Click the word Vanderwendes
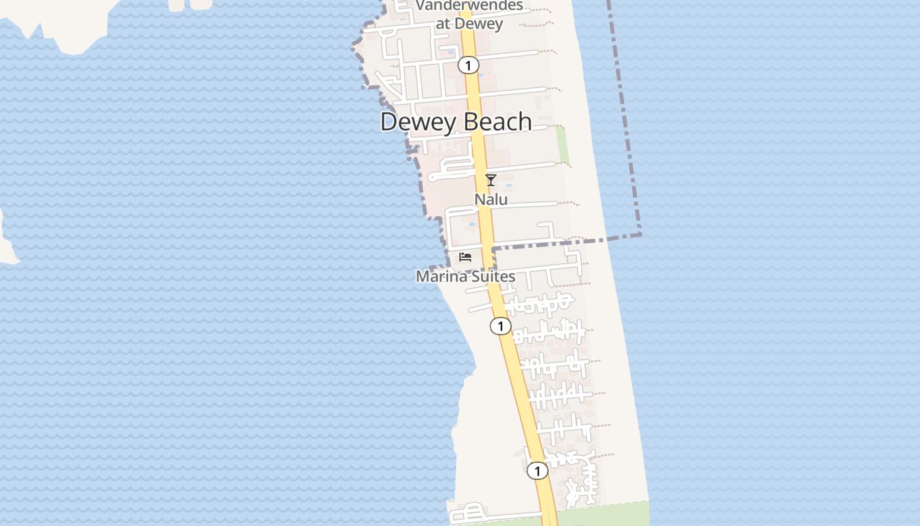point(469,6)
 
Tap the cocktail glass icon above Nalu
point(490,179)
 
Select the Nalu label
point(492,199)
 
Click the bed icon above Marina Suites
point(465,256)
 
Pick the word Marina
point(440,276)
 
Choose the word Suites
point(492,276)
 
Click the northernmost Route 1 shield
point(468,65)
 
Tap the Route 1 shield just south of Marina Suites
point(501,326)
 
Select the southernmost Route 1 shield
point(538,471)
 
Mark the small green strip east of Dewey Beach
point(563,145)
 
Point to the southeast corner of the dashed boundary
point(639,234)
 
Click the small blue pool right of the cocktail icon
point(509,187)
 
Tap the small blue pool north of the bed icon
point(471,226)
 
